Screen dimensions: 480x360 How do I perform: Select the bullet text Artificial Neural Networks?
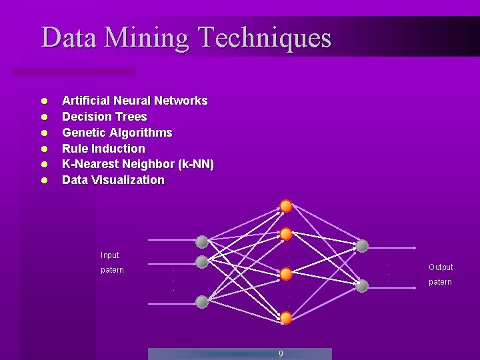tap(135, 101)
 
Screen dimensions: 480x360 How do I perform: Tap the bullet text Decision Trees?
tap(105, 117)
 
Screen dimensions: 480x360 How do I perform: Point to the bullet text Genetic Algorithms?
tap(117, 133)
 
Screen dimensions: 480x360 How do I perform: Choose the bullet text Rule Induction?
tap(103, 149)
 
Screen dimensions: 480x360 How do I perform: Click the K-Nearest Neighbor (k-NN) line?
tap(138, 164)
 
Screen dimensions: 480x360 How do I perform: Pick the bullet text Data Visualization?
tap(113, 180)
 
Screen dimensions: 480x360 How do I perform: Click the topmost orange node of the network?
tap(286, 206)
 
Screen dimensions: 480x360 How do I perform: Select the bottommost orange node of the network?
tap(286, 318)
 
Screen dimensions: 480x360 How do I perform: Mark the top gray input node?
tap(202, 241)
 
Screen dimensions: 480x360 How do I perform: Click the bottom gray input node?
tap(202, 302)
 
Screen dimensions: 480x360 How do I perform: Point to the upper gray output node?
tap(362, 246)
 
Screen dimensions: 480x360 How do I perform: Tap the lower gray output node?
tap(362, 286)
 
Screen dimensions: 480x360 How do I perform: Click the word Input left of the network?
tap(110, 255)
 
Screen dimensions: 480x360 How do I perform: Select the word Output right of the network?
tap(441, 267)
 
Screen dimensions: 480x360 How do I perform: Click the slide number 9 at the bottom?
tap(281, 354)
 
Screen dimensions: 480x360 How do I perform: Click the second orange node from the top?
tap(286, 234)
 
